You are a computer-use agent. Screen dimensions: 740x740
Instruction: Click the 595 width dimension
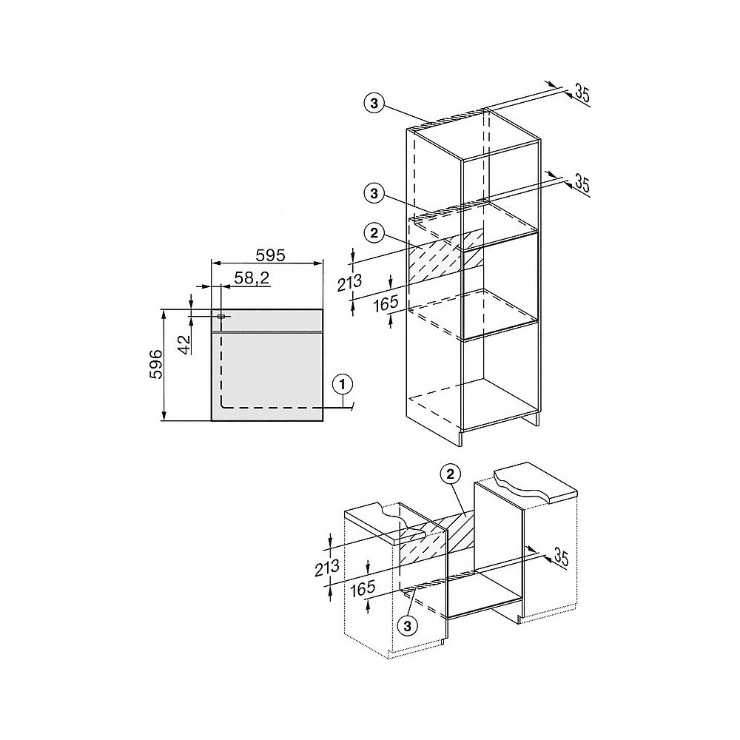(x=271, y=254)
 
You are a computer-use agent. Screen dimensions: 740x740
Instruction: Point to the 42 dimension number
(x=184, y=343)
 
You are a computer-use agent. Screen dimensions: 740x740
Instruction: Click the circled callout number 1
(x=341, y=384)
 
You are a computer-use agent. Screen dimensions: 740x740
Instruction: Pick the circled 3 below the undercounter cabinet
(x=407, y=625)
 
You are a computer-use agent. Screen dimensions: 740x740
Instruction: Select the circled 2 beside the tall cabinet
(x=375, y=233)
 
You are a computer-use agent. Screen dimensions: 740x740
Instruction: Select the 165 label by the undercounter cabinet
(x=364, y=589)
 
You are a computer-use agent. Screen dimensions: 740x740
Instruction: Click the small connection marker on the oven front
(x=221, y=317)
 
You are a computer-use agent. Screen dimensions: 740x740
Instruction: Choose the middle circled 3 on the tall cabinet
(x=375, y=193)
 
